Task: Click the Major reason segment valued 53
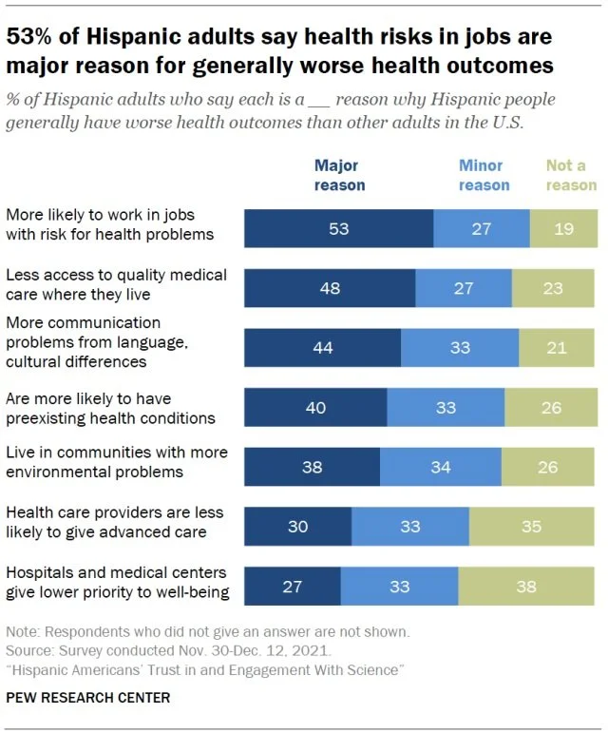click(338, 230)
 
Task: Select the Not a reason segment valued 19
click(563, 230)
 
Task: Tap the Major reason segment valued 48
click(330, 288)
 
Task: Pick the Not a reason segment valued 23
click(554, 288)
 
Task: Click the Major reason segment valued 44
click(322, 347)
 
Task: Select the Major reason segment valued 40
click(315, 407)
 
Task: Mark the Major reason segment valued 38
click(312, 467)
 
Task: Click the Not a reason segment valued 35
click(533, 526)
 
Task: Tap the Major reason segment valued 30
click(297, 526)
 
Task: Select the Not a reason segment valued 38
click(527, 587)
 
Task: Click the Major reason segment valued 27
click(292, 587)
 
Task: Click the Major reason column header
click(339, 175)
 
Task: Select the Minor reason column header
click(484, 175)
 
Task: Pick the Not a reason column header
click(570, 175)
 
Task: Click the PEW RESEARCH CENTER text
click(88, 698)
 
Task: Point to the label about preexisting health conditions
click(110, 408)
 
